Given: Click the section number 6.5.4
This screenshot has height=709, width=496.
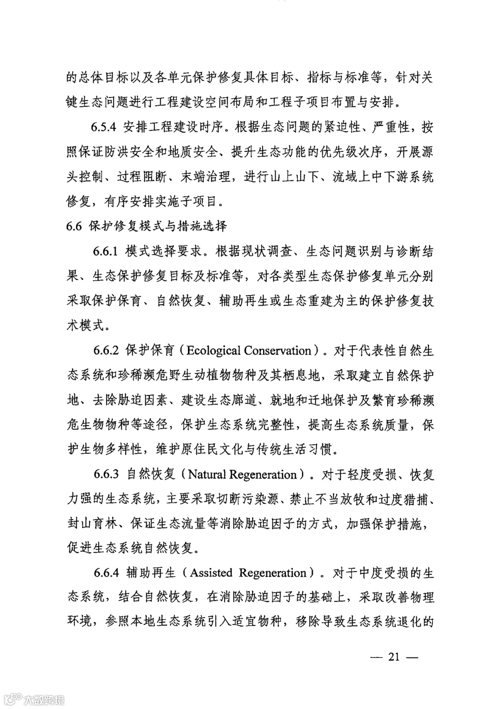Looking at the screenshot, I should pyautogui.click(x=104, y=127).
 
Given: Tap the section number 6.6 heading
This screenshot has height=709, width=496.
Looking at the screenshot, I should pyautogui.click(x=74, y=226).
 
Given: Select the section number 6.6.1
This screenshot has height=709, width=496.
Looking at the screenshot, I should pyautogui.click(x=106, y=252).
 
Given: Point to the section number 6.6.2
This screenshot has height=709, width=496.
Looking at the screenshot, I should pyautogui.click(x=106, y=350).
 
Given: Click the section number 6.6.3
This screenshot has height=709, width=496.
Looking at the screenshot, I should pyautogui.click(x=106, y=474).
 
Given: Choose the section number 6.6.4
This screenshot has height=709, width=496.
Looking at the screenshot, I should pyautogui.click(x=106, y=573).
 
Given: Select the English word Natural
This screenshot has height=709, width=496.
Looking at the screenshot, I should pyautogui.click(x=207, y=475).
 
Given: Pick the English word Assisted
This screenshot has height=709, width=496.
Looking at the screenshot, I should pyautogui.click(x=211, y=573).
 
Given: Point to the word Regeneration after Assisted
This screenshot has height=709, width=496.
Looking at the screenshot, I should pyautogui.click(x=273, y=573).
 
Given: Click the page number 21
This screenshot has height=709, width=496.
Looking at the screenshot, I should pyautogui.click(x=394, y=657).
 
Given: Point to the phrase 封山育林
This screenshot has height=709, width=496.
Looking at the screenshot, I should pyautogui.click(x=92, y=523).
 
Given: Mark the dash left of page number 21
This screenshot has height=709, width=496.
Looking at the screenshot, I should pyautogui.click(x=376, y=657).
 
